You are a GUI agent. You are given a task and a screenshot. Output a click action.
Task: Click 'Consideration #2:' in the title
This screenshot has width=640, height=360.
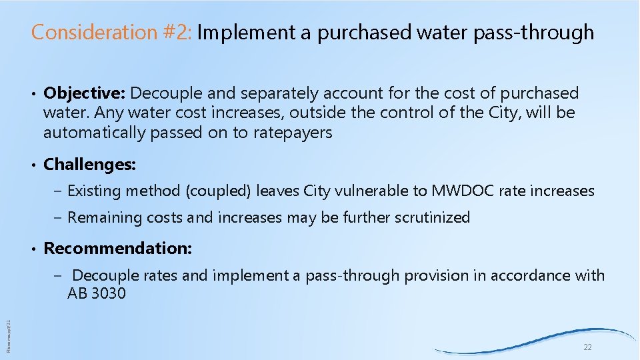pos(111,32)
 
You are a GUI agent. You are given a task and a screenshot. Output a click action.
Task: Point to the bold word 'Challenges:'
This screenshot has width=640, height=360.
pos(89,164)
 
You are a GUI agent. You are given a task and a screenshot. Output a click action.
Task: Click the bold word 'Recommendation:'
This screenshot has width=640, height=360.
pos(117,249)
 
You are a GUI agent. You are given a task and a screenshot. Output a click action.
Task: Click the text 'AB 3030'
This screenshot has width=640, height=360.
pos(96,293)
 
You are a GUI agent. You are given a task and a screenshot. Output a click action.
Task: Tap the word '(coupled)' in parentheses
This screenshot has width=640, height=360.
pos(218,191)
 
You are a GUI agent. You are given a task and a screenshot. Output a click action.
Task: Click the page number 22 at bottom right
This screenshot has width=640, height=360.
pos(587,348)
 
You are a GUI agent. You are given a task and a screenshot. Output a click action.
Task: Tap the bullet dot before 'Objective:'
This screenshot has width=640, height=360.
pos(33,94)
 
